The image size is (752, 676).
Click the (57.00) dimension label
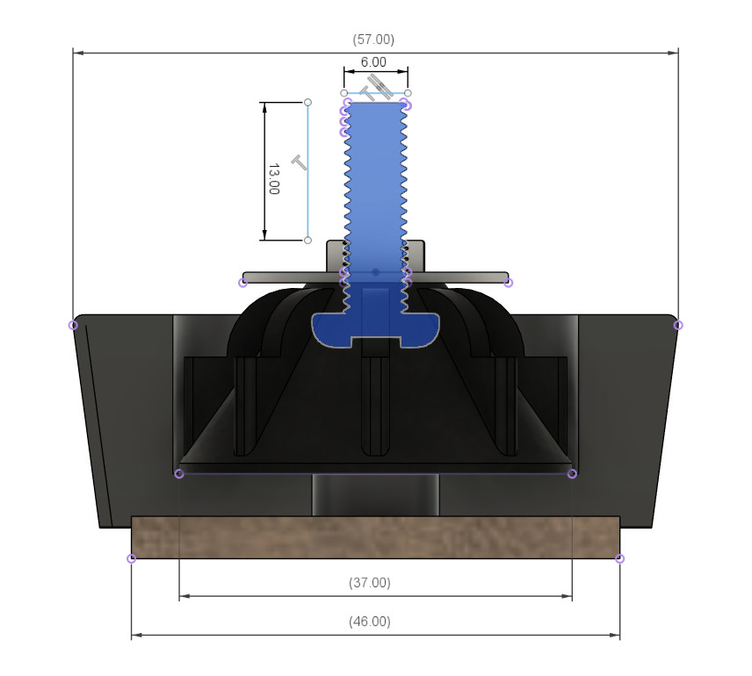373,40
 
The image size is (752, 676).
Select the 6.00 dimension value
373,62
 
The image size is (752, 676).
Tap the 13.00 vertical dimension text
273,179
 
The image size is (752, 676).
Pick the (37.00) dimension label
370,583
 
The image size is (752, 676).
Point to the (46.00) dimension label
370,622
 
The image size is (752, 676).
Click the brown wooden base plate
375,537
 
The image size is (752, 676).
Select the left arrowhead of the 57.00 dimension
78,53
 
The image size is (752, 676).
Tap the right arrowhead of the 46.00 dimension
614,636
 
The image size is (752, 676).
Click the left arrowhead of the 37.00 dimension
184,596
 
